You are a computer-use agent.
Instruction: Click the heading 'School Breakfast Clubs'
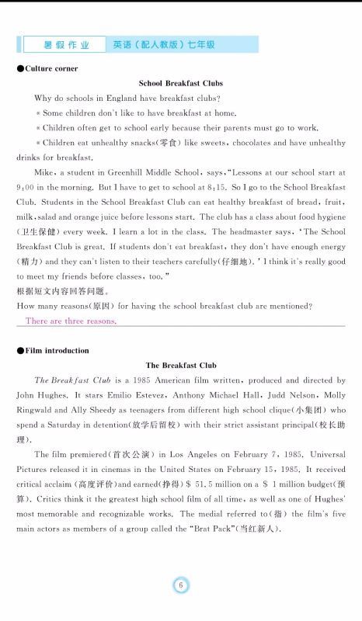click(180, 83)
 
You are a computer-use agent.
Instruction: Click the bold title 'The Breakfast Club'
click(180, 365)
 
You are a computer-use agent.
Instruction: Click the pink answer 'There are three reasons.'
click(71, 321)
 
